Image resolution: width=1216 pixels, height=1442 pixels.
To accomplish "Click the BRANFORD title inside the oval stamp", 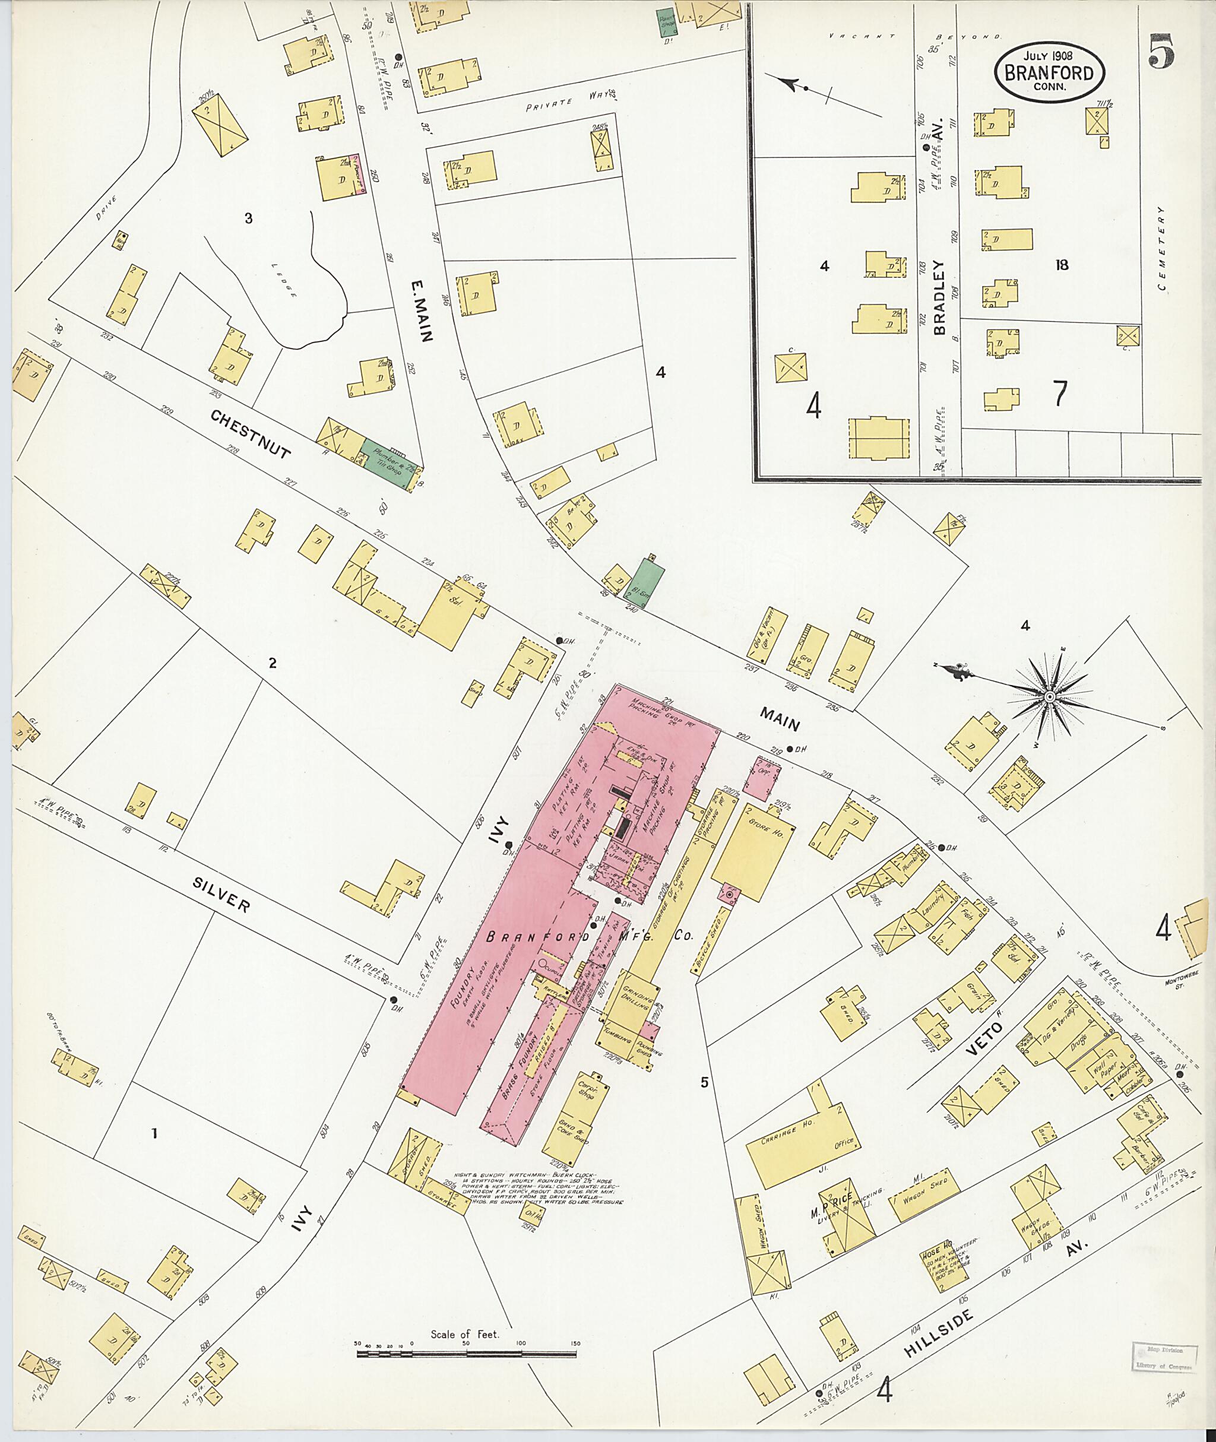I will coord(1049,73).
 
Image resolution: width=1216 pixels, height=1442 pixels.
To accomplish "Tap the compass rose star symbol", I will coord(1049,698).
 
